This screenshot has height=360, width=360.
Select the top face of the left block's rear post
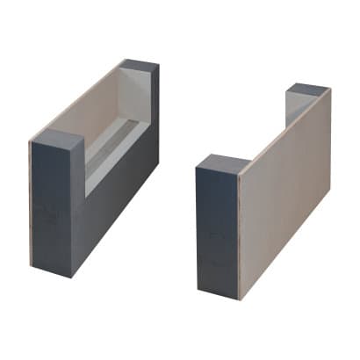[x=140, y=65]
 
